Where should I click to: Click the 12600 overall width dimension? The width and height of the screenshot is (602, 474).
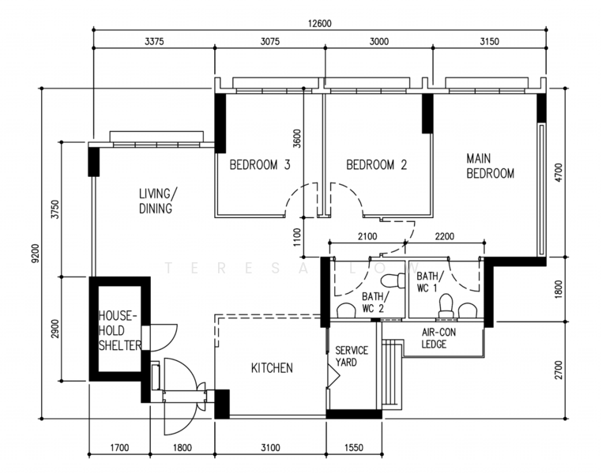click(320, 23)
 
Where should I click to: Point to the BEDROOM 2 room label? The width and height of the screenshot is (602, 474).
click(377, 165)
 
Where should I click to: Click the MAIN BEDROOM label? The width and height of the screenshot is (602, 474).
click(490, 166)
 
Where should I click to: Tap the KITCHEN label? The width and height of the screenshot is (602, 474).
click(272, 368)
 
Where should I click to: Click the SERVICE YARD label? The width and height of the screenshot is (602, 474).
click(352, 356)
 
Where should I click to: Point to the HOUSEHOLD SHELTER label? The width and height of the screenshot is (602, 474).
click(119, 330)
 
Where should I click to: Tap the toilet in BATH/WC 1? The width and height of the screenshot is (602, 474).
click(446, 306)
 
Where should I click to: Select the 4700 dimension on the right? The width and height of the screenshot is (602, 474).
click(559, 172)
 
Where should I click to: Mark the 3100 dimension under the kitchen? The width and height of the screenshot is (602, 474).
click(270, 449)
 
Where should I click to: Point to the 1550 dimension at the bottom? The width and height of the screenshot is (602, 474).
click(353, 449)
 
